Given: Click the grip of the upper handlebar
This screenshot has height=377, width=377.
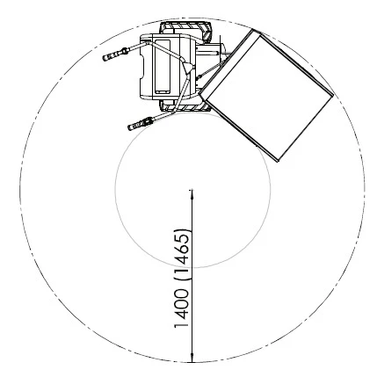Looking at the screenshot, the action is coord(112,54).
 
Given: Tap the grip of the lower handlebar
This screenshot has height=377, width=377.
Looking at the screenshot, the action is coord(137,124).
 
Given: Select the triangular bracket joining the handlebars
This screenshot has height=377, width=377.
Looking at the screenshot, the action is coord(188,67).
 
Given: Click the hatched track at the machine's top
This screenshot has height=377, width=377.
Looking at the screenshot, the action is coord(186,30).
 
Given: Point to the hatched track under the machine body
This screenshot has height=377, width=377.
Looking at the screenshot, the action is coord(185,106).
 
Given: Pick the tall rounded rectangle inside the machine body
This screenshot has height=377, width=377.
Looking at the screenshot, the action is coord(162,67).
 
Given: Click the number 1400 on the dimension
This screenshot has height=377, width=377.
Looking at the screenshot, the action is coord(181,308).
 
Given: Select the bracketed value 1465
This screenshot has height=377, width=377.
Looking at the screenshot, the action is coord(183,254).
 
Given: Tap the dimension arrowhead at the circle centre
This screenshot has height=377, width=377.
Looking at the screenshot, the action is coord(192,194).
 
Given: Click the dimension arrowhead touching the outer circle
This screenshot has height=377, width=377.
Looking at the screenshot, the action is coord(192,358).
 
